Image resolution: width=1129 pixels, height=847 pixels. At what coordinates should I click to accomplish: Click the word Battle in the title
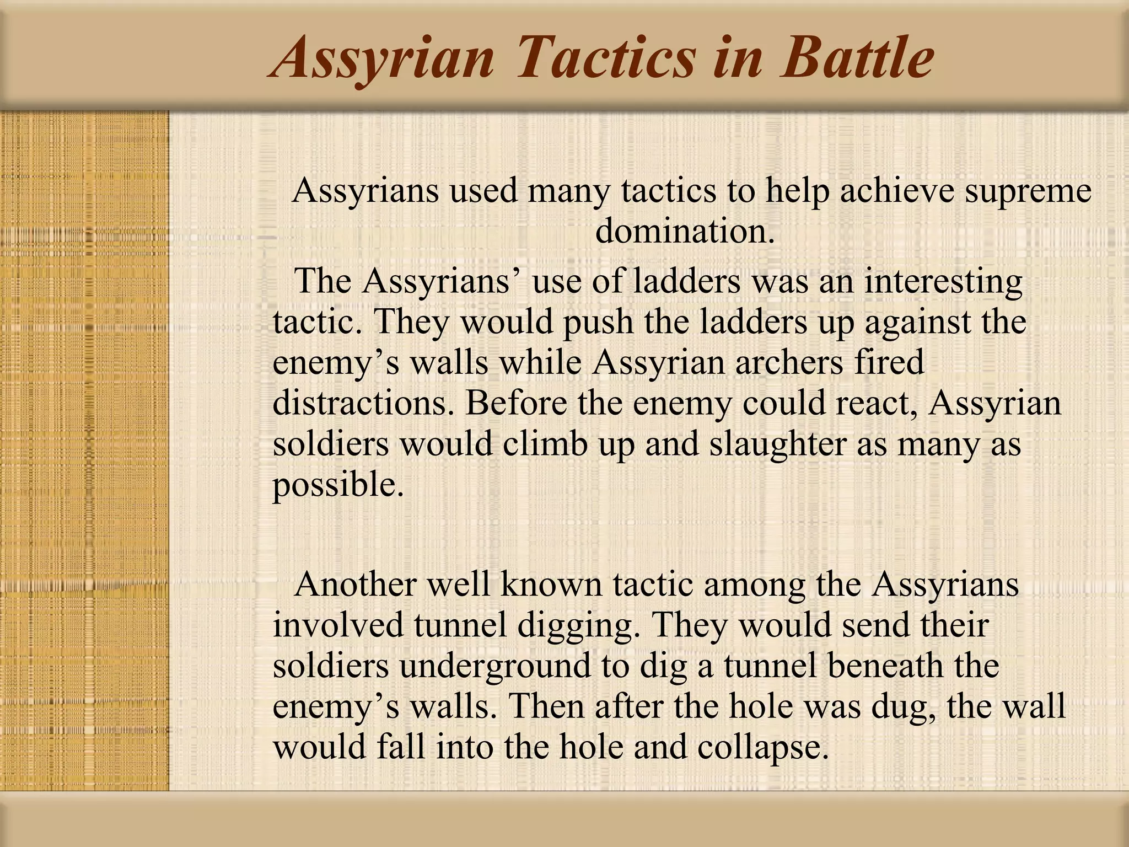point(857,57)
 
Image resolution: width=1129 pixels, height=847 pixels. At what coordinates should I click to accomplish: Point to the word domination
point(685,230)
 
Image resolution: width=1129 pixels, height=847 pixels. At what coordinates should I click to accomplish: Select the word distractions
point(363,403)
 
